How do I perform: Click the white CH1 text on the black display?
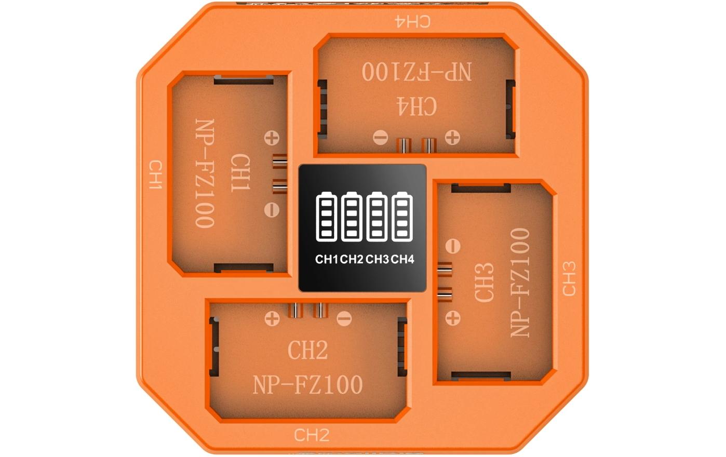(327, 259)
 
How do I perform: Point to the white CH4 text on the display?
(403, 259)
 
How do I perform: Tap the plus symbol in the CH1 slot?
(272, 138)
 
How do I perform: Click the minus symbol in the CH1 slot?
(272, 209)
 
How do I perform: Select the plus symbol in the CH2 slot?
(272, 318)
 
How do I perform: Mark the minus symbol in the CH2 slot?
(344, 318)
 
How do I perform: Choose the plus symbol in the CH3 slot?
(453, 317)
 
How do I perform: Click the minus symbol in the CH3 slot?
(453, 246)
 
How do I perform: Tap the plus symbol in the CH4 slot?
(452, 138)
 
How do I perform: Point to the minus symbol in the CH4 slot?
(381, 138)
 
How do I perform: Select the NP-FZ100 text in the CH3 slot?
(521, 283)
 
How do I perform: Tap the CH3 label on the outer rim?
(569, 279)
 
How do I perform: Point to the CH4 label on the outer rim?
(412, 21)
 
